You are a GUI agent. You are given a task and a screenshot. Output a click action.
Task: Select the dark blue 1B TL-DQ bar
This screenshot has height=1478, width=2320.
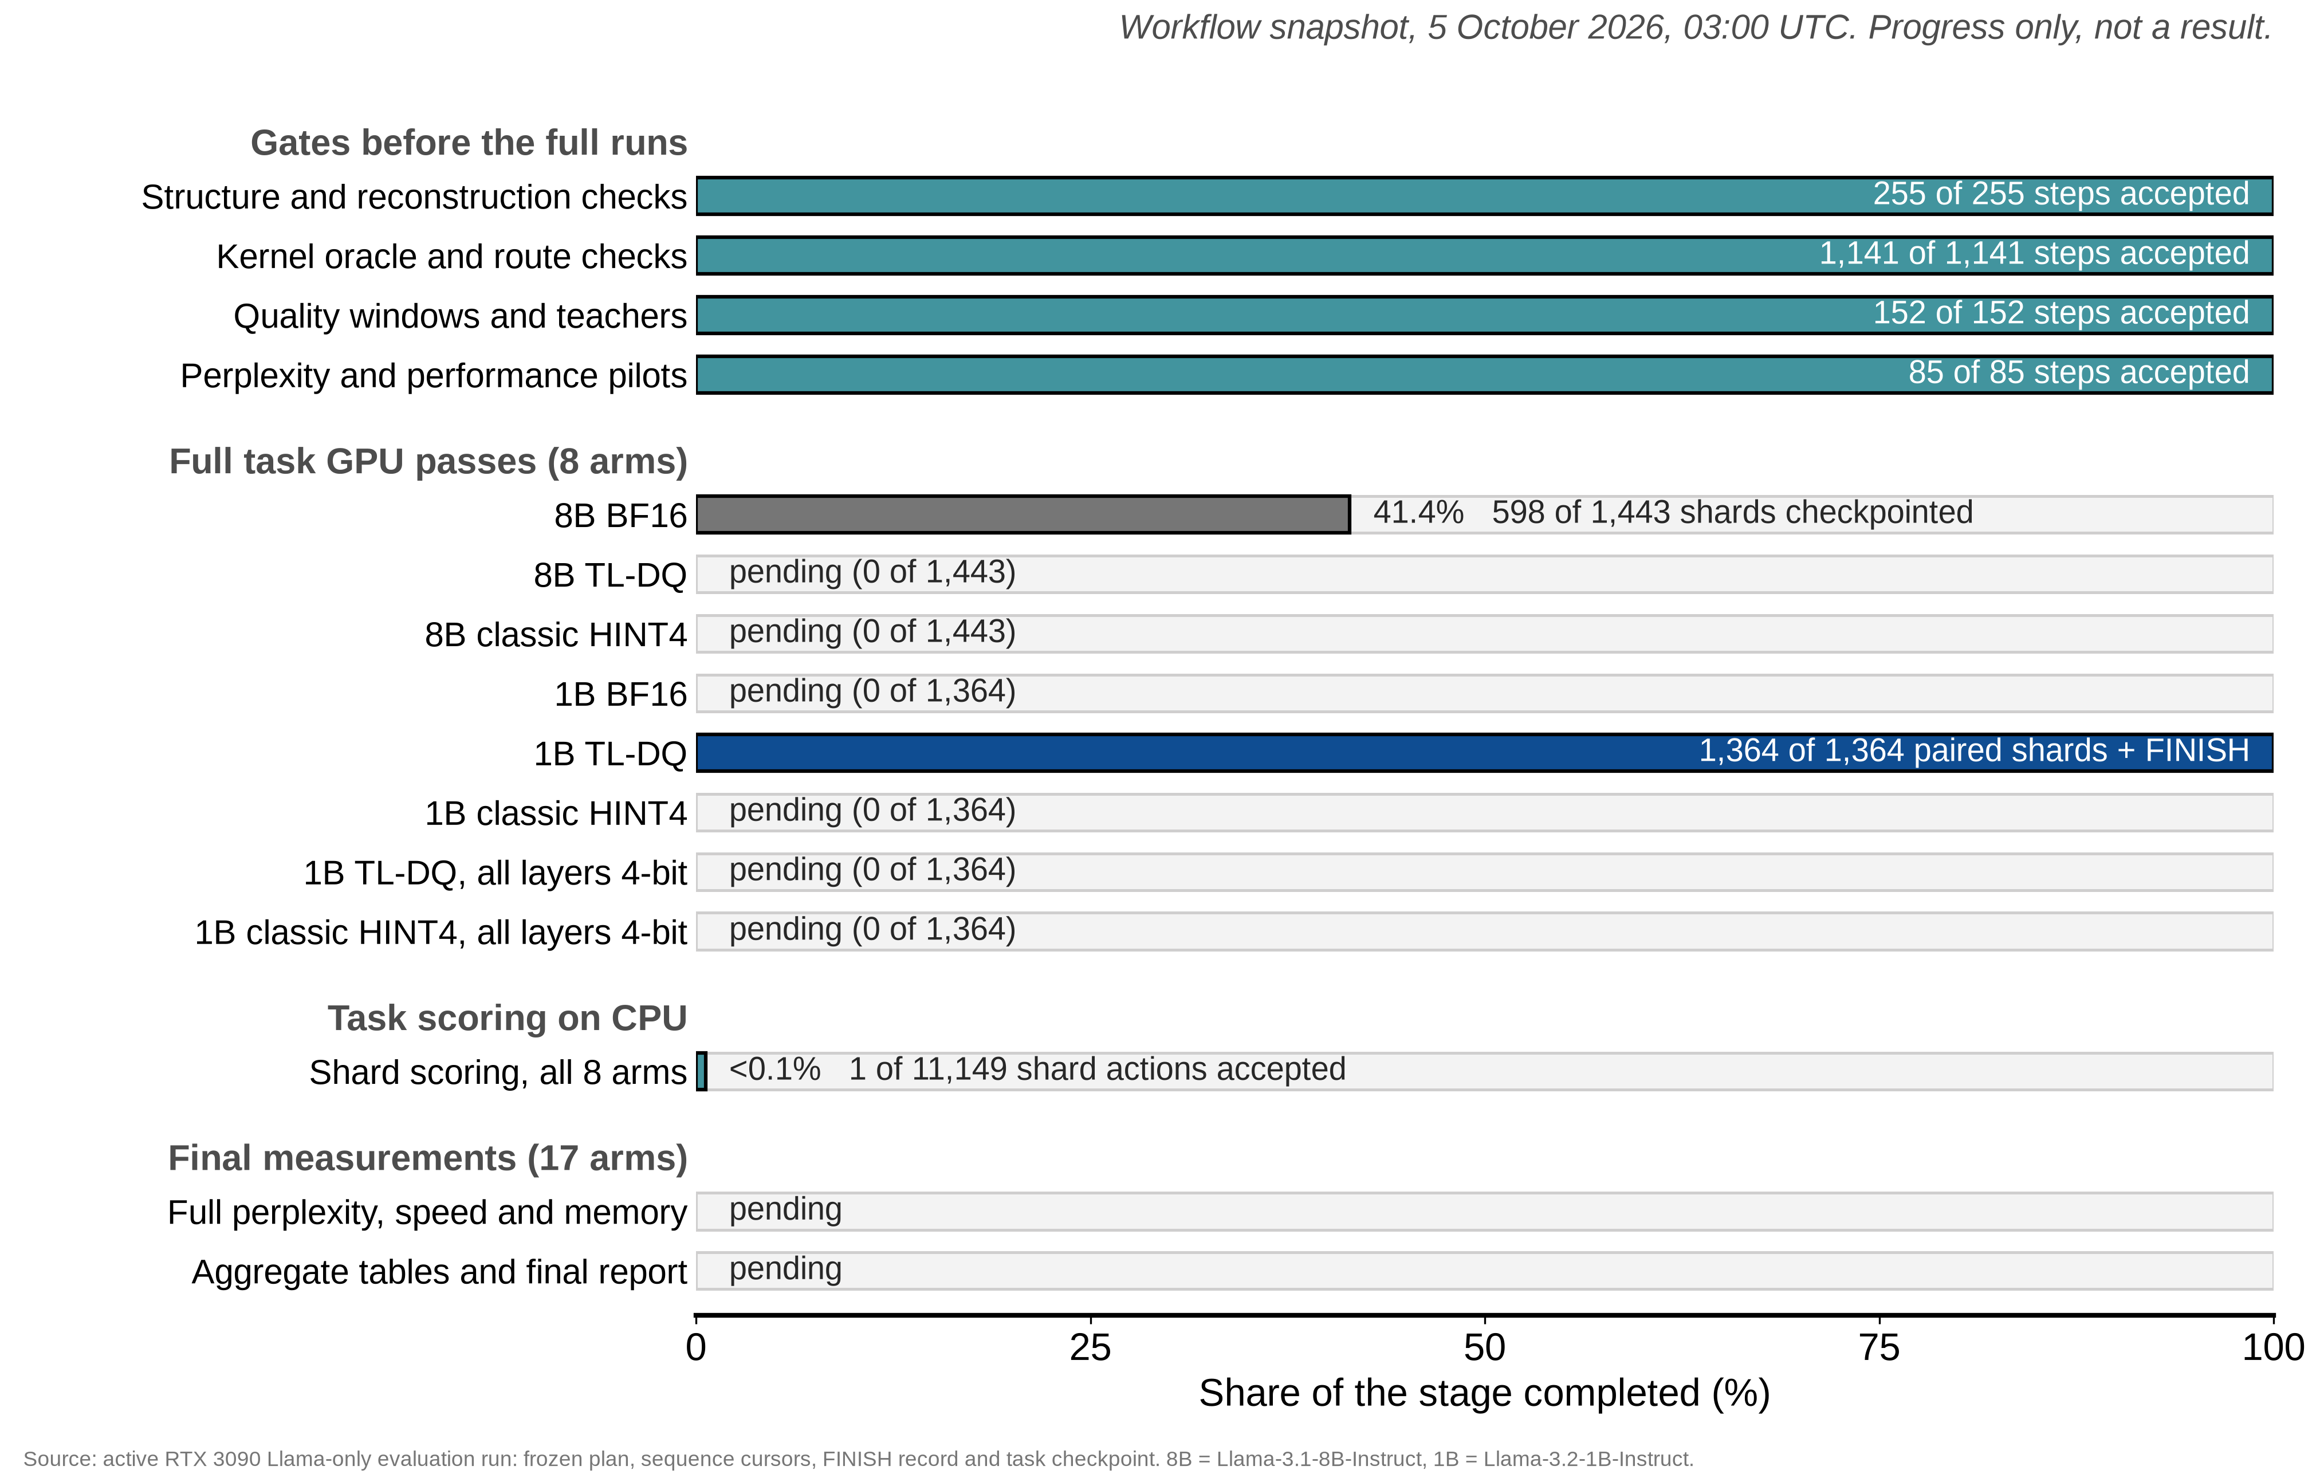point(1484,753)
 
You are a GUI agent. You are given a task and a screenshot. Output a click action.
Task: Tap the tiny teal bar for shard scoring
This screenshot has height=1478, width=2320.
point(701,1071)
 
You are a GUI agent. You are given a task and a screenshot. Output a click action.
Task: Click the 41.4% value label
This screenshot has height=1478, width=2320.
point(1418,513)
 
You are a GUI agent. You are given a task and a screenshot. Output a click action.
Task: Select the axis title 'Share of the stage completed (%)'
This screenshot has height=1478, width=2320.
point(1484,1393)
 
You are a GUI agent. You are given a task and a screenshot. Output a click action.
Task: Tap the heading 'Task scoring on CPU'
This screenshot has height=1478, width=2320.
point(507,1019)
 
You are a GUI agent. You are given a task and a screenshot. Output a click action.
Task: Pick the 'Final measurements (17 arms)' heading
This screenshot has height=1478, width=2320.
point(428,1158)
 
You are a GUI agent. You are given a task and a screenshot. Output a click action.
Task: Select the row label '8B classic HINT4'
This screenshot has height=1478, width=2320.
point(556,635)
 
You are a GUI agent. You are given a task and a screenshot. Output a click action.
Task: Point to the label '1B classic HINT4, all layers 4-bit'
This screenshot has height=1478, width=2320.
point(441,933)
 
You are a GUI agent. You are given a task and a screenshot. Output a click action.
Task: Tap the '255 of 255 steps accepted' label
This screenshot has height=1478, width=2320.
point(2061,194)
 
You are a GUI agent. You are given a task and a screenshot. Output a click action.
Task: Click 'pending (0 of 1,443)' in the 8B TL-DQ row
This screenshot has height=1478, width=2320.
point(872,572)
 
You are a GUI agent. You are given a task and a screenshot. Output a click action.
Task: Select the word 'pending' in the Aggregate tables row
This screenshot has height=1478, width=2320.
point(785,1269)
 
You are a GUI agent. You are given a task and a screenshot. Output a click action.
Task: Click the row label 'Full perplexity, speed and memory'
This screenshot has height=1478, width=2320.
point(427,1212)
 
